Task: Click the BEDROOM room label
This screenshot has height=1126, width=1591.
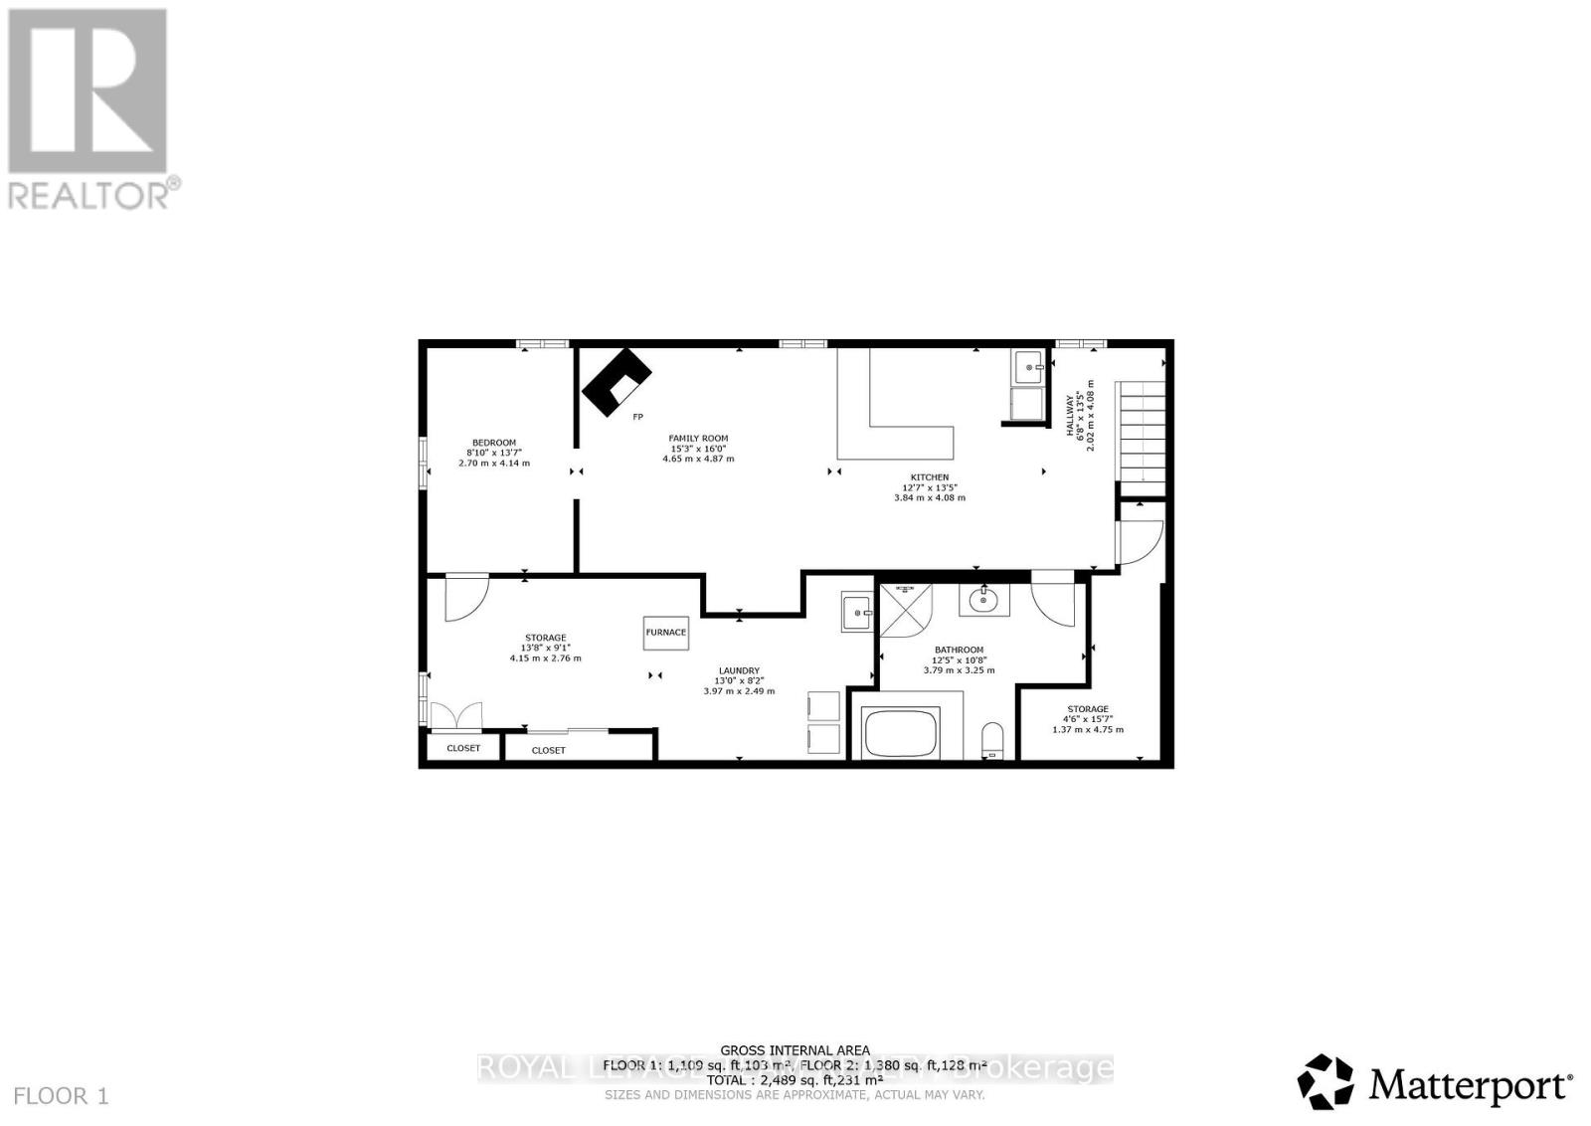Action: coord(494,443)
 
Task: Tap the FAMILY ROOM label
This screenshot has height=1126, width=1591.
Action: coord(698,438)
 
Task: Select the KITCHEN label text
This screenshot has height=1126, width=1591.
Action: coord(930,477)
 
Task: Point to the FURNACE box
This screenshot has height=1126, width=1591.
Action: coord(666,632)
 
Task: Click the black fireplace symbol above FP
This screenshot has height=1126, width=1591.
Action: coord(617,381)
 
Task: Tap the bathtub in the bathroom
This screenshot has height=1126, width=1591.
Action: coord(901,734)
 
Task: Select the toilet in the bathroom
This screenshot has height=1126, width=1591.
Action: coord(992,740)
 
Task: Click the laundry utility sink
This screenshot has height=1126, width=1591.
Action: coord(856,613)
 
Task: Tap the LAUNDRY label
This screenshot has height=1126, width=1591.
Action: coord(739,670)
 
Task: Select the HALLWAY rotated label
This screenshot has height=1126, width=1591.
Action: coord(1072,415)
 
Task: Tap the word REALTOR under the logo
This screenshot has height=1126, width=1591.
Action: coord(88,193)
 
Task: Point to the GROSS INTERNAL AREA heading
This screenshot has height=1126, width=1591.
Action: coord(795,1050)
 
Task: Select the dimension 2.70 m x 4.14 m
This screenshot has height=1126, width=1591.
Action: coord(494,464)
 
